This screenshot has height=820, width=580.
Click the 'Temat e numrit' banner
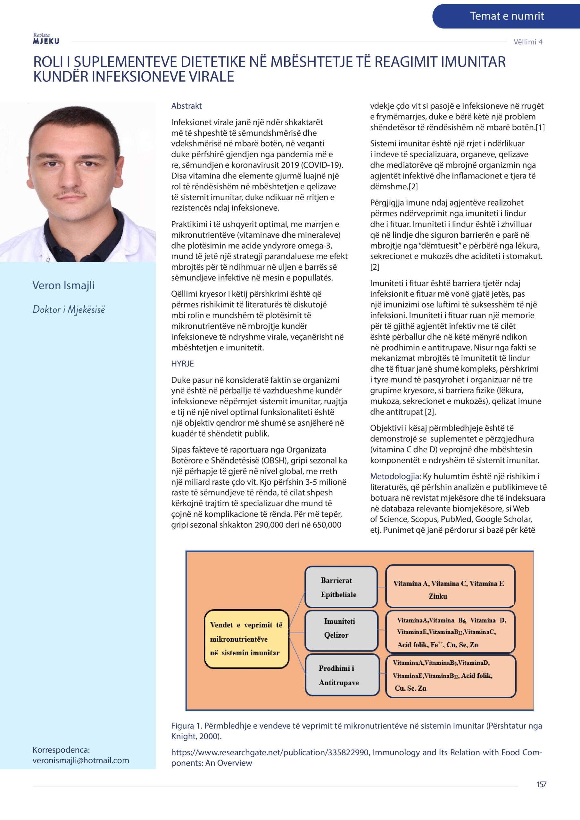point(506,16)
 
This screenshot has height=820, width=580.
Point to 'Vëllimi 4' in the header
point(528,42)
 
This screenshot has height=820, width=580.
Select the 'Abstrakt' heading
point(186,106)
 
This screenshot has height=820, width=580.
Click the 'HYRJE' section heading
point(182,364)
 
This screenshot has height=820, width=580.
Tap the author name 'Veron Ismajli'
point(64,285)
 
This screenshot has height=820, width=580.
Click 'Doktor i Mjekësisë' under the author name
point(69,309)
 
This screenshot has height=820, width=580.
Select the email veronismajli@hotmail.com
point(81,760)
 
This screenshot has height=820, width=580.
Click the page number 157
point(541,785)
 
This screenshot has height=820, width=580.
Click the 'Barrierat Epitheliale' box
point(341,587)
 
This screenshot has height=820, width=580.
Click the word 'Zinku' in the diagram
point(438,596)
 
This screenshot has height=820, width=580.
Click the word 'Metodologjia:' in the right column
point(395,476)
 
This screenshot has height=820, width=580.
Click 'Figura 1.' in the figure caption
point(187,726)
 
